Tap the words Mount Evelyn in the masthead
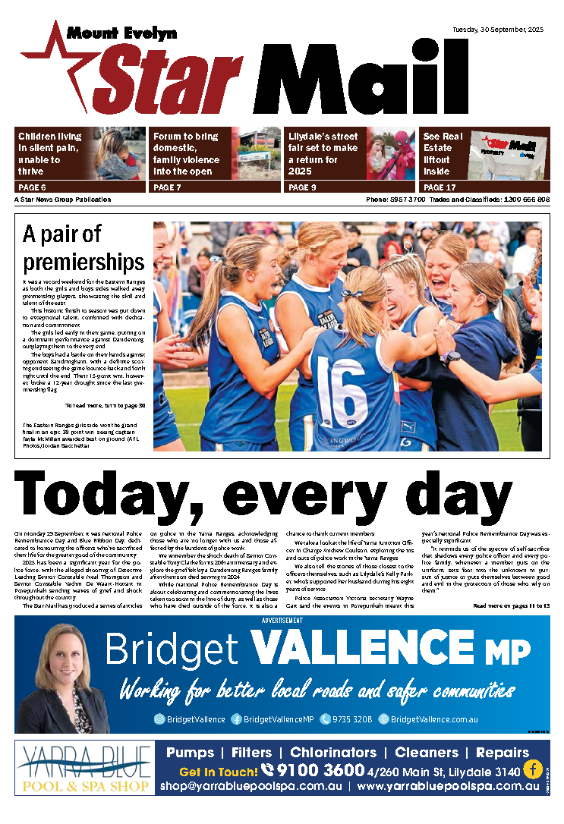coord(121,33)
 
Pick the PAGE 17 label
coord(440,187)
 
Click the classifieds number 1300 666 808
coord(523,200)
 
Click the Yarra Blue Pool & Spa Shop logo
coord(84,768)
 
